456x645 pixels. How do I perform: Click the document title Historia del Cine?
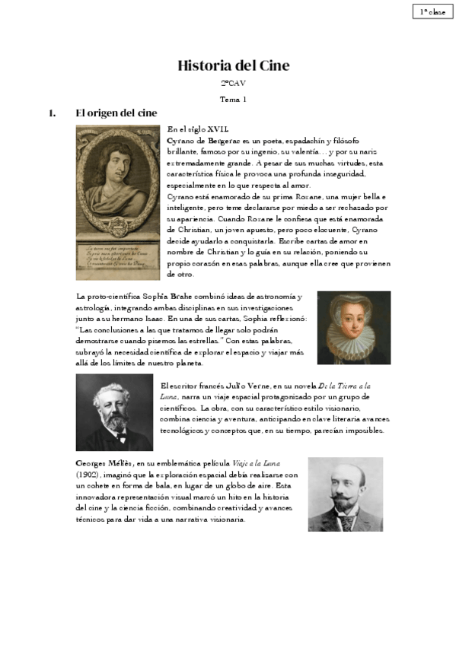[233, 65]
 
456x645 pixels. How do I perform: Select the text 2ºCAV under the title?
[233, 83]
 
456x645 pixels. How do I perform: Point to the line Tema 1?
[233, 99]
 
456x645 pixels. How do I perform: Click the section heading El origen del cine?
[116, 113]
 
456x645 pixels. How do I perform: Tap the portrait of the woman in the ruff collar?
[353, 327]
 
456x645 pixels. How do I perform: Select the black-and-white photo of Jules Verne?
[114, 412]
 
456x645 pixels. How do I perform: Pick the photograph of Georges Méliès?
[345, 494]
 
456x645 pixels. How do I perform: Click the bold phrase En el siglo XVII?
[197, 129]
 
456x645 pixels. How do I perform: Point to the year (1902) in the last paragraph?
[89, 474]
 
